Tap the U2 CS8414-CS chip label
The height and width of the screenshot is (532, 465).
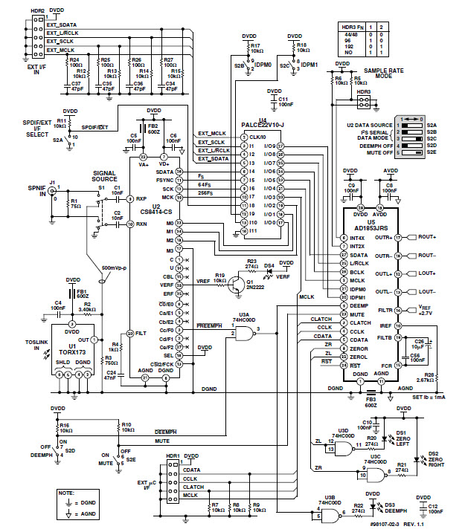(155, 210)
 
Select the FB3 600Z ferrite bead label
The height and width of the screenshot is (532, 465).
(370, 402)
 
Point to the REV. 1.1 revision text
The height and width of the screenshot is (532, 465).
(426, 525)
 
